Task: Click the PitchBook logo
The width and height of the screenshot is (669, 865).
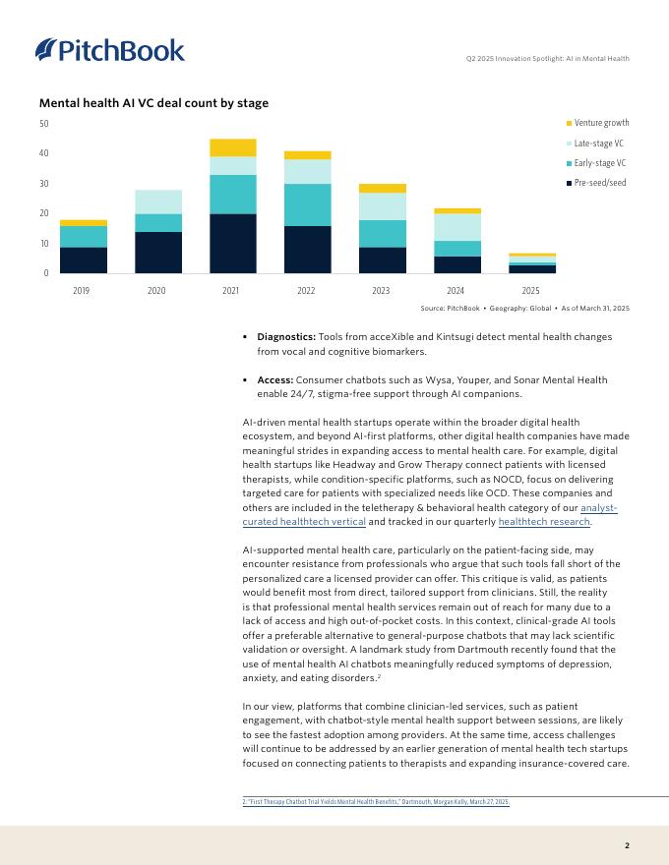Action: (x=109, y=49)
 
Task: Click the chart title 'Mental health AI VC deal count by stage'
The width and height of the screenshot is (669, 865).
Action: (x=153, y=103)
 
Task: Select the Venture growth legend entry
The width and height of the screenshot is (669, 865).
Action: (x=601, y=123)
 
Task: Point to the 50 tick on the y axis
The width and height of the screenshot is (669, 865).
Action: (x=44, y=124)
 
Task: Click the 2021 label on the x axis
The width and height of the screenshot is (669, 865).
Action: (x=232, y=290)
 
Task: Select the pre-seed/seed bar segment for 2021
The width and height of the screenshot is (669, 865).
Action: (x=232, y=243)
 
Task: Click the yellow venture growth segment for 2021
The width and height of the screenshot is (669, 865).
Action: (x=232, y=147)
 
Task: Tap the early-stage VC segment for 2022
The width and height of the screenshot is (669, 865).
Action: (x=307, y=204)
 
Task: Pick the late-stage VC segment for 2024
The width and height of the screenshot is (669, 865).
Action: (x=457, y=227)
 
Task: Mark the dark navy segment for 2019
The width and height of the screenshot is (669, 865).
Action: (x=84, y=259)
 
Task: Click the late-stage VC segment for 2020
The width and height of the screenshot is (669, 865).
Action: (x=158, y=202)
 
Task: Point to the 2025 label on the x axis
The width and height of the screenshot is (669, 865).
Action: (x=531, y=290)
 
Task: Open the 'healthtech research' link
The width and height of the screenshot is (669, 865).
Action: (x=544, y=522)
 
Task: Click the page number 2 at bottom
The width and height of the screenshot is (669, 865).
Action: (x=627, y=844)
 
